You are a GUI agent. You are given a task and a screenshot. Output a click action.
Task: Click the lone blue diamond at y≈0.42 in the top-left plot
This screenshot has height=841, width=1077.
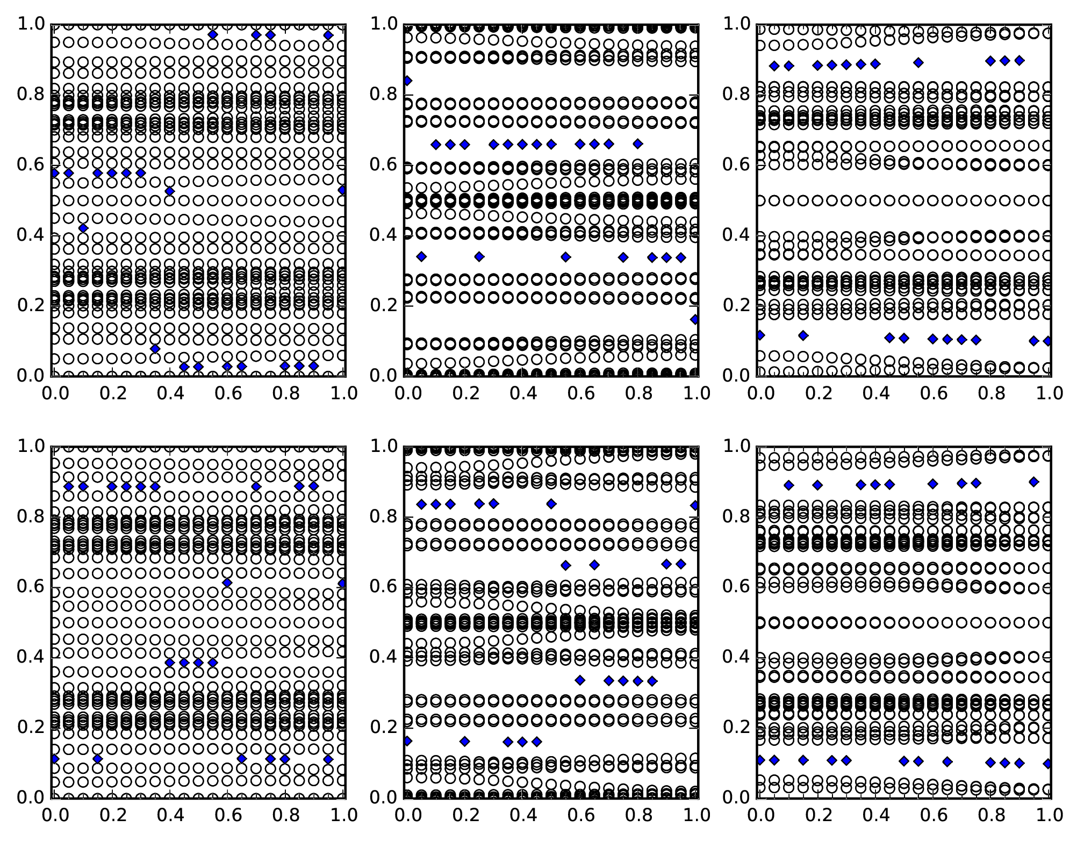coord(83,228)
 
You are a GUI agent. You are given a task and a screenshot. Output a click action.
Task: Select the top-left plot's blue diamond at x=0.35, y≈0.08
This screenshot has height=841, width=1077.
coord(155,349)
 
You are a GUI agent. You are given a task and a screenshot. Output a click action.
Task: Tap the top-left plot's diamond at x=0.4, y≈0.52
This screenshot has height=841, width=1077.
coord(170,191)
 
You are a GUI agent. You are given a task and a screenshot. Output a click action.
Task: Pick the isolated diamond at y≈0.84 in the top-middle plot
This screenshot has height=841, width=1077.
coord(407,81)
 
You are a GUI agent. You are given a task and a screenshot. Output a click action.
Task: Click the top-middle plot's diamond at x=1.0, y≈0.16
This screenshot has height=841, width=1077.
coord(695,320)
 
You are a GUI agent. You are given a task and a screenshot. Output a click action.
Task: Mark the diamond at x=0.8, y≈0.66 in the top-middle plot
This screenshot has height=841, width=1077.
coord(638,144)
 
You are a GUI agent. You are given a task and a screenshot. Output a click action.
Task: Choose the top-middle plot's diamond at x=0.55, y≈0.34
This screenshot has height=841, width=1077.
coord(565,257)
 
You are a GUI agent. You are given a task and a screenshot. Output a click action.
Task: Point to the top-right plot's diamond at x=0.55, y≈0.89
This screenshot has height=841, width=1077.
coord(918,63)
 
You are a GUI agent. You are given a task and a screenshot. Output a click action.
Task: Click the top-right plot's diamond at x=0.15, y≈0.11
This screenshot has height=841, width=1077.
coord(803,336)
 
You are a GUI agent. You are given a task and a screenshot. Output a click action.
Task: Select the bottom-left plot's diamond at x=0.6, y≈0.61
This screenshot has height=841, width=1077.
coord(227,583)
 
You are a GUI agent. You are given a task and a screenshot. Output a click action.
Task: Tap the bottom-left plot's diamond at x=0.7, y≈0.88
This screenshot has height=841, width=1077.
coord(256,487)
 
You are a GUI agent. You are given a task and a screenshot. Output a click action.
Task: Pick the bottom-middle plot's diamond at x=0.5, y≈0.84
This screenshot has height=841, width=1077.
coord(551,504)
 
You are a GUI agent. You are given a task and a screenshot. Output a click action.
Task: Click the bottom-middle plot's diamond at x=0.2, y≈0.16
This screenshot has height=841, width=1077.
coord(465,742)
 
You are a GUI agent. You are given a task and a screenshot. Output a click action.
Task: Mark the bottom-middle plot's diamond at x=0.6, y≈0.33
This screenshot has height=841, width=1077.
coord(580,680)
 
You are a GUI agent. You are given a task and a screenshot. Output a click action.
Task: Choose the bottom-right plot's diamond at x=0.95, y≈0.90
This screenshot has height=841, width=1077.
coord(1033,482)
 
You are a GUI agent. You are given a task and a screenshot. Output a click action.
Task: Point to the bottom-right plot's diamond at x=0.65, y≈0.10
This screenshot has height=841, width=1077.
coord(947,761)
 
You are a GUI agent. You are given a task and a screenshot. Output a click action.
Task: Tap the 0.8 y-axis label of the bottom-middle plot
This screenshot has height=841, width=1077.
coord(383,517)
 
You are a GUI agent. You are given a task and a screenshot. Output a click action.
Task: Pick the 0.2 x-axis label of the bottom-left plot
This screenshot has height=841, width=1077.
coord(112,815)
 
